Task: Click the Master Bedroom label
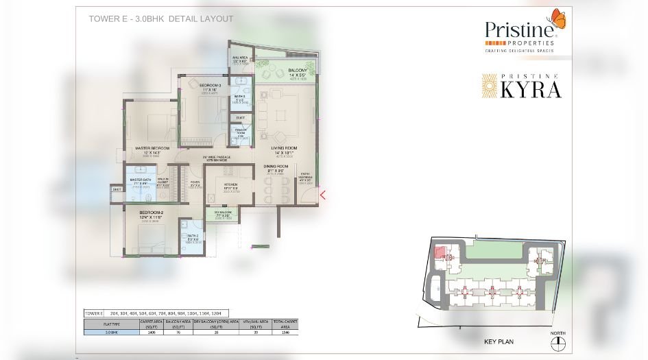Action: click(152, 148)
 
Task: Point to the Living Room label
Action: click(283, 148)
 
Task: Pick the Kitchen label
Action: click(230, 185)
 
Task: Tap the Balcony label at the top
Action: click(298, 71)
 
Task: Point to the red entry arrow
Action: click(322, 195)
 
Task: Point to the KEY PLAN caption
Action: click(499, 341)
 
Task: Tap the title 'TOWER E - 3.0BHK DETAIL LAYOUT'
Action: click(161, 19)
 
